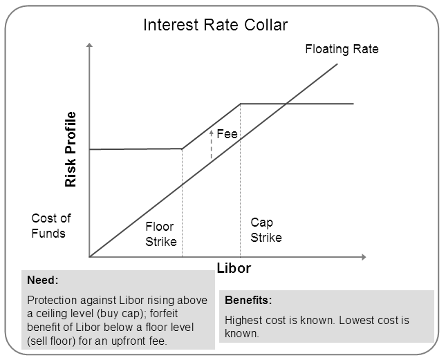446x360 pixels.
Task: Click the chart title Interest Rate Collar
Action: (x=215, y=25)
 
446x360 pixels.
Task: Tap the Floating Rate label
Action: (x=342, y=49)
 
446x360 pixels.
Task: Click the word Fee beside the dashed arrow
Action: (x=227, y=134)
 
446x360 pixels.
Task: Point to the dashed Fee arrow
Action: (x=212, y=144)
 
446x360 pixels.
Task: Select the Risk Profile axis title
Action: (x=71, y=149)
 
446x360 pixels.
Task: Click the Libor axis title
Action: (x=234, y=268)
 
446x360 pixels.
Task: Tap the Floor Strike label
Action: (x=161, y=234)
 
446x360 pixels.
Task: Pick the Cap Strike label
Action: (x=266, y=230)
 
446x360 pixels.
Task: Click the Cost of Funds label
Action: (x=51, y=226)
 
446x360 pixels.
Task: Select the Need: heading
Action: (x=43, y=280)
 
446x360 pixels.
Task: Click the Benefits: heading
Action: (x=248, y=300)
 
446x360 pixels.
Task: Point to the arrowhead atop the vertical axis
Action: (x=90, y=45)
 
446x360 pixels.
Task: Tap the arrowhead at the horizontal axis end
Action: (x=364, y=257)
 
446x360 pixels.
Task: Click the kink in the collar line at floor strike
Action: (x=182, y=149)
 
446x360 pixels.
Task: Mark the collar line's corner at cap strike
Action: (x=241, y=104)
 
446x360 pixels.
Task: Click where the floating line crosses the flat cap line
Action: (x=286, y=104)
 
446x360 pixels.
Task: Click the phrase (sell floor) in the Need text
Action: (x=51, y=341)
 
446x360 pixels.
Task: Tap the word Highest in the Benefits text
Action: (x=243, y=320)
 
